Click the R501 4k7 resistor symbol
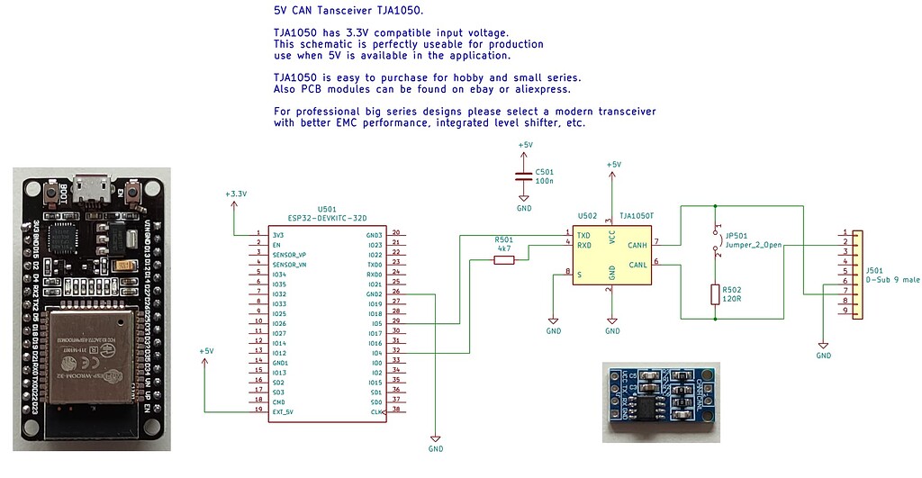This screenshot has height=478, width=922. pyautogui.click(x=504, y=260)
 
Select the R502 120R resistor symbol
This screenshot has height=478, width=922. pyautogui.click(x=714, y=294)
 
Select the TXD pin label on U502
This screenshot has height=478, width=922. pyautogui.click(x=584, y=235)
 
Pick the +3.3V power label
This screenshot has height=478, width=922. pyautogui.click(x=236, y=194)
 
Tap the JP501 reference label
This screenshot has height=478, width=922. pyautogui.click(x=737, y=235)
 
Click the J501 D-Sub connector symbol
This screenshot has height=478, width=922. pyautogui.click(x=854, y=273)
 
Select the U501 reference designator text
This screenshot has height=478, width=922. pyautogui.click(x=326, y=208)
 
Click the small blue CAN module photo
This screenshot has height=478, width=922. pyautogui.click(x=660, y=402)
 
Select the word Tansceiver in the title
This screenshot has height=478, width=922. pyautogui.click(x=349, y=11)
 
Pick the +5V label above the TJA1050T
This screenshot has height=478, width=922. pyautogui.click(x=613, y=165)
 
